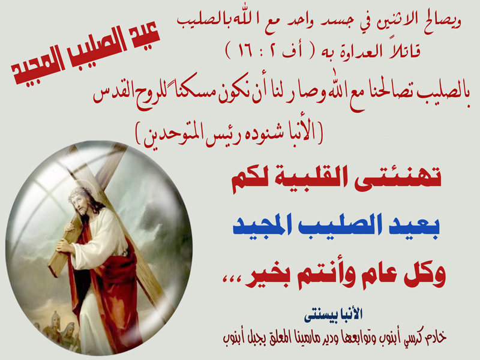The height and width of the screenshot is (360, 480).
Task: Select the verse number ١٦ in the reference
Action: (x=245, y=50)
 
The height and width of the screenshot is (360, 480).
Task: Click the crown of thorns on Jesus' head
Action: (x=81, y=193)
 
